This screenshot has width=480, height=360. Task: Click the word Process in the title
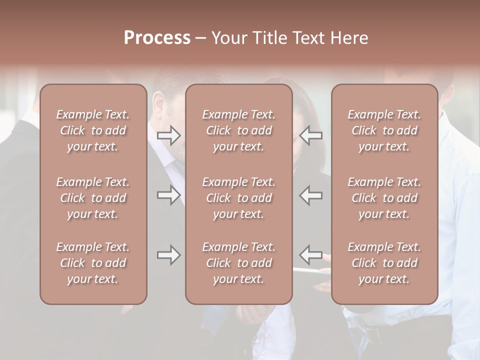(157, 38)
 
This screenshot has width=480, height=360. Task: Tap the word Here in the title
(349, 38)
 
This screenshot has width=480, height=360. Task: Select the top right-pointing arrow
(168, 135)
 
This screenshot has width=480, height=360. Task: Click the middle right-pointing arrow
(168, 195)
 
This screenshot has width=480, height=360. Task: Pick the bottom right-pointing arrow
(168, 255)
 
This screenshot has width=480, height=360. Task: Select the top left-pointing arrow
(311, 135)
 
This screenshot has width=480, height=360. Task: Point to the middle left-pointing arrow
(311, 195)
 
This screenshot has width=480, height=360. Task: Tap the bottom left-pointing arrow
(311, 255)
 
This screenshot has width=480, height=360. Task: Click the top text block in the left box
(93, 130)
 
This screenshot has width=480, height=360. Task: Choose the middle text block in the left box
(93, 198)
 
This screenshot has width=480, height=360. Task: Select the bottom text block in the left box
(93, 263)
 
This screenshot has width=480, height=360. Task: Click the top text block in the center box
(238, 130)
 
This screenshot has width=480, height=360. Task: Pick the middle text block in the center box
(238, 198)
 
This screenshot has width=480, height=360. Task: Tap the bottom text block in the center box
(238, 263)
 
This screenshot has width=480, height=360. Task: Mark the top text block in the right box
(384, 130)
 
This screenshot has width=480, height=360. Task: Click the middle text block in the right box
(384, 198)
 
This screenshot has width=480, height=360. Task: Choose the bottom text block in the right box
(384, 263)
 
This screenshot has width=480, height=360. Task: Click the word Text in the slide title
(308, 38)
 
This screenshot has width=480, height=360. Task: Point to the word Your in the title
(229, 38)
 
